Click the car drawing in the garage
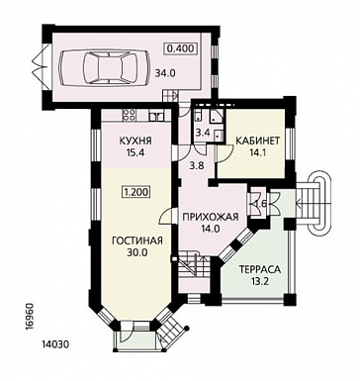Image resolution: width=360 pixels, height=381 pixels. pyautogui.click(x=105, y=67)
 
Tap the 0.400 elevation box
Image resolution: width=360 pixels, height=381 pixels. pyautogui.click(x=181, y=48)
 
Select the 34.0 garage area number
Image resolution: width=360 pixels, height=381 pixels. pyautogui.click(x=165, y=73)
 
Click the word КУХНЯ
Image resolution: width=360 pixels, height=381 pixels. pyautogui.click(x=135, y=141)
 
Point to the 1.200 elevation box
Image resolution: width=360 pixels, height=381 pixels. pyautogui.click(x=136, y=192)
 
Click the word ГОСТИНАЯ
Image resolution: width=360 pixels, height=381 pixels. pyautogui.click(x=137, y=240)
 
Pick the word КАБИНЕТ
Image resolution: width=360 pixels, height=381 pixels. pyautogui.click(x=257, y=141)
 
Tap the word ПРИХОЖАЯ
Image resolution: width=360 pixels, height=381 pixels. pyautogui.click(x=211, y=217)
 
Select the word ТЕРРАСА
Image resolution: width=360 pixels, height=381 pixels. pyautogui.click(x=260, y=269)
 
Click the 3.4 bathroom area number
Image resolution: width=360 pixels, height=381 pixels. pyautogui.click(x=202, y=134)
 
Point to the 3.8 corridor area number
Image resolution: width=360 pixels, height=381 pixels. pyautogui.click(x=198, y=165)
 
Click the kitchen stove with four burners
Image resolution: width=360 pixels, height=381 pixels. pyautogui.click(x=129, y=115)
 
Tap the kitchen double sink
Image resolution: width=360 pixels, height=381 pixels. pyautogui.click(x=156, y=116)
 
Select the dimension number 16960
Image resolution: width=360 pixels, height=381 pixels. pyautogui.click(x=30, y=317)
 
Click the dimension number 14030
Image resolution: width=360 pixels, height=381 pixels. pyautogui.click(x=55, y=344)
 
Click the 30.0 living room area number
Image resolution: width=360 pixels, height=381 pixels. pyautogui.click(x=136, y=252)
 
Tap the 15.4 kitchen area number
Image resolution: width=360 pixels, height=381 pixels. pyautogui.click(x=135, y=152)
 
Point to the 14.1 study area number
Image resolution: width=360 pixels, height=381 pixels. pyautogui.click(x=257, y=152)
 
